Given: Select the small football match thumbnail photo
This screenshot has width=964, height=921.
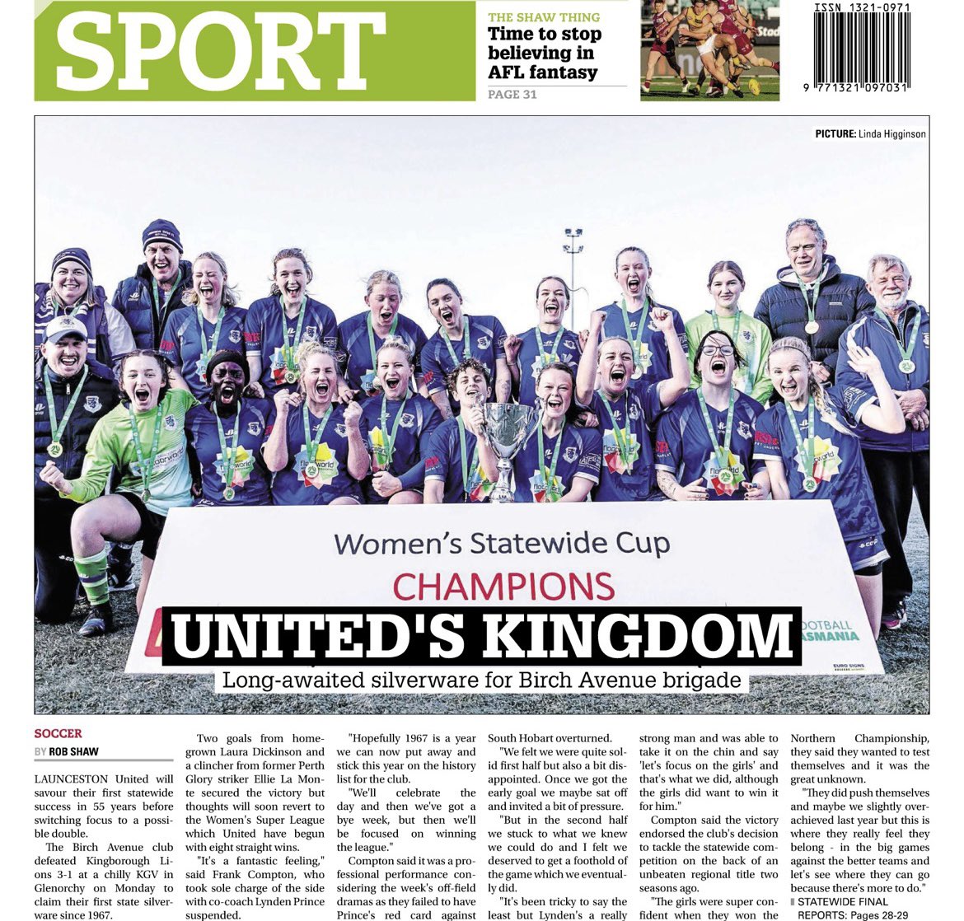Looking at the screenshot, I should (709, 50).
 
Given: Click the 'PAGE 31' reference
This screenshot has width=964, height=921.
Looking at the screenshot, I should (512, 95).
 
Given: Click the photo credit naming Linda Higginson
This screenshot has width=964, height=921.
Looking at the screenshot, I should (870, 133).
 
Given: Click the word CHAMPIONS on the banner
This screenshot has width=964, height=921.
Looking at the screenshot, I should (503, 586).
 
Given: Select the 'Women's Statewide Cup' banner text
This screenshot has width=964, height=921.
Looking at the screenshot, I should (502, 544).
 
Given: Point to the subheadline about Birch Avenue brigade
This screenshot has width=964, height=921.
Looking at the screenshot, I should (482, 681).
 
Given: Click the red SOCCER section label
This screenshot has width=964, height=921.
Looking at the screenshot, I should (58, 733).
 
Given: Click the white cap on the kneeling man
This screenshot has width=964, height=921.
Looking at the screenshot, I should (65, 328).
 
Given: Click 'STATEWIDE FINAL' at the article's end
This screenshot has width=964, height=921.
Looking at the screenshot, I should (841, 901).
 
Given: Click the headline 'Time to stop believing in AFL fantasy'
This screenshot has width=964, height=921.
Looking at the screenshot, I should (545, 53).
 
